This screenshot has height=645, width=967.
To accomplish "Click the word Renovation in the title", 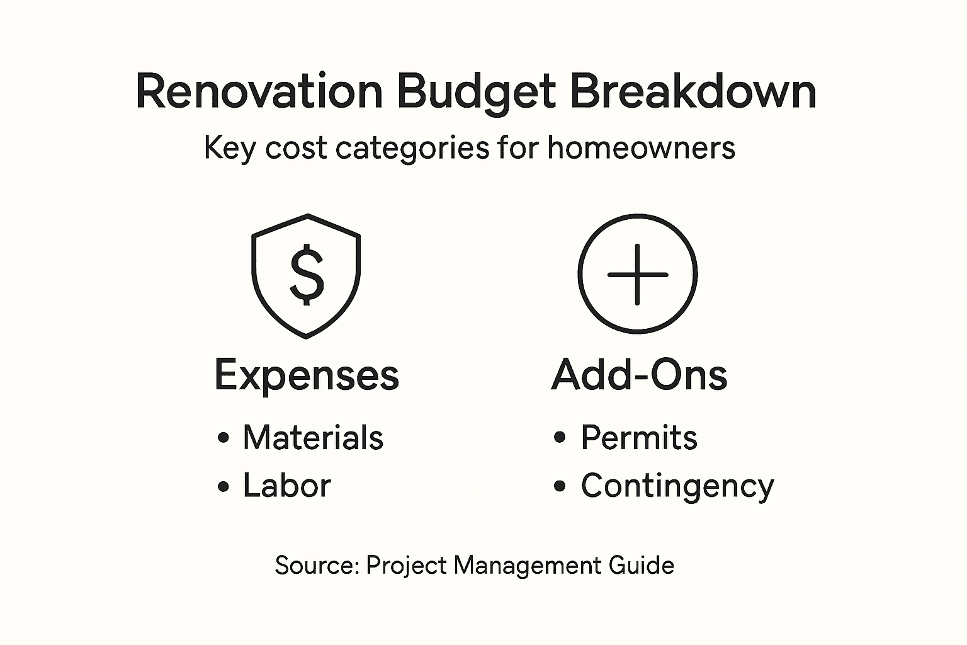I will pos(259,92).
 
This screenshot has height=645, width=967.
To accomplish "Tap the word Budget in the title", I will pos(476,92).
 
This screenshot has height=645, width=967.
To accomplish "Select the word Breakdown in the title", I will pos(693,92).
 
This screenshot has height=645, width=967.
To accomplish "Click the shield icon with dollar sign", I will pos(306,275).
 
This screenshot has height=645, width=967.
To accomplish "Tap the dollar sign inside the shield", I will pos(307,275).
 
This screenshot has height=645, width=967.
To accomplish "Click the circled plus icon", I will pos(637,274).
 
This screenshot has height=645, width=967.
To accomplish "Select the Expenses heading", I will pos(307,376).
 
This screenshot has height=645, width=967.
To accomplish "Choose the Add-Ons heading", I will pos(639,375).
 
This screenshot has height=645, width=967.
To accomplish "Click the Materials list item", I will pos(313,438).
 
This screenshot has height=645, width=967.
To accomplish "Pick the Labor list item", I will pos(286,486).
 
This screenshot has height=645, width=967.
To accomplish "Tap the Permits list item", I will pos(638,438).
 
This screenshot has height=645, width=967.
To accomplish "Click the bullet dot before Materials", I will pos(223,438).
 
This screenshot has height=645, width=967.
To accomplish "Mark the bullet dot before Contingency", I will pos(560,486).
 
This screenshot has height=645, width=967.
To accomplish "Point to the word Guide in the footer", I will pos(641,565).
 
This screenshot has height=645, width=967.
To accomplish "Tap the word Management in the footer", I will pos(526,565).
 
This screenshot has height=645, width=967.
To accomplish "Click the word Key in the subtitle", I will pos(230,149).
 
